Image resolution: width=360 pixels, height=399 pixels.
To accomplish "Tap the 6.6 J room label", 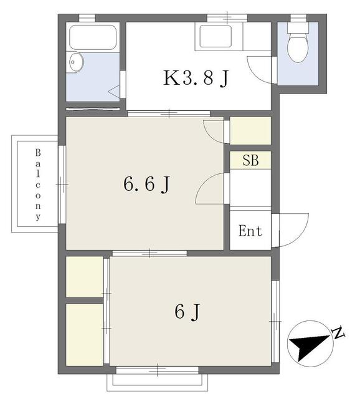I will coord(147,184).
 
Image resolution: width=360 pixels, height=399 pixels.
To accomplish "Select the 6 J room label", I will coord(191,310).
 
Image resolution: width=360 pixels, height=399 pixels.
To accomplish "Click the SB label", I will coord(250,160).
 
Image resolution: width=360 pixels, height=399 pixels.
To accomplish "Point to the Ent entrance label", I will coord(250,231).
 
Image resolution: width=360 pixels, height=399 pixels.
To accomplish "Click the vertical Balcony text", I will coord(37,185).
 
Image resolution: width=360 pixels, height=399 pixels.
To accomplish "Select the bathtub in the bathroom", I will coord(93,37).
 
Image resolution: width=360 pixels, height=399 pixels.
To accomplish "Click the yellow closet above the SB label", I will coord(250,131).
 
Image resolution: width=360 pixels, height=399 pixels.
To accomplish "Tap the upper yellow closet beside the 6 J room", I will coord(85,276).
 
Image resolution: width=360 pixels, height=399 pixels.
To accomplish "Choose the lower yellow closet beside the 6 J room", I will coord(85,334).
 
